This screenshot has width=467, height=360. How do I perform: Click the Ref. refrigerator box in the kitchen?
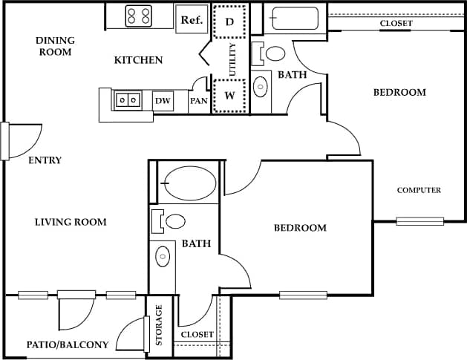tap(193, 19)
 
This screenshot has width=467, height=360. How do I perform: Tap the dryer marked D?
tap(229, 22)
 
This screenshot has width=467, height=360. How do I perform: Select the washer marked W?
tap(229, 96)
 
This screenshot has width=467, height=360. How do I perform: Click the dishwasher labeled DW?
tap(163, 100)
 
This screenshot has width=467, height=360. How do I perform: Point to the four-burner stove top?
tap(139, 16)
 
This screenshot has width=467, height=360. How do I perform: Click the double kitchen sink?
tap(126, 99)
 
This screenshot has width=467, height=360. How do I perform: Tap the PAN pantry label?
tap(198, 101)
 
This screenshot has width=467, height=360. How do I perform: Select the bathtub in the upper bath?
tap(294, 18)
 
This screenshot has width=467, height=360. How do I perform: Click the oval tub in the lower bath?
tap(189, 184)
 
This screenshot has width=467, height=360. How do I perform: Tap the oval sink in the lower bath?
tap(163, 257)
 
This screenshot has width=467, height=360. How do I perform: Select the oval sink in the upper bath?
tap(261, 87)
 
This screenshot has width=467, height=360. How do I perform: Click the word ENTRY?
tap(45, 160)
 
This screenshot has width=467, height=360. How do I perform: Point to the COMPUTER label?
tap(419, 190)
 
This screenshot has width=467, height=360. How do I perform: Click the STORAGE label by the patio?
tap(159, 325)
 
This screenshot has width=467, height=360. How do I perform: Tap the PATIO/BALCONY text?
tap(68, 344)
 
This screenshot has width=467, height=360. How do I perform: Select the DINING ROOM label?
tap(55, 46)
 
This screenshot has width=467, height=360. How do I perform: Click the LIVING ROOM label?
tap(71, 221)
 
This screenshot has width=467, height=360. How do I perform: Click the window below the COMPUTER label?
tap(419, 221)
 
